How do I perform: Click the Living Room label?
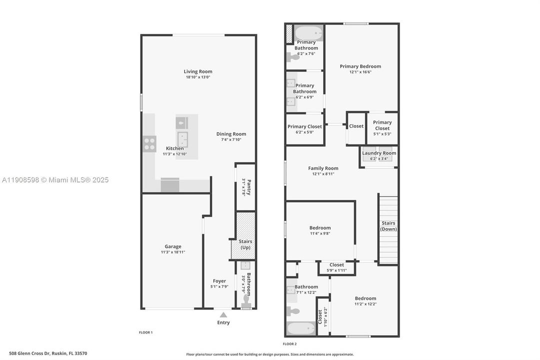[198, 71]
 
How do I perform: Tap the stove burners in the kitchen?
[149, 144]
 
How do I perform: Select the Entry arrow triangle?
[223, 314]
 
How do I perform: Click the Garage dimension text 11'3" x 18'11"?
[173, 252]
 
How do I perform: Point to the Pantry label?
[249, 187]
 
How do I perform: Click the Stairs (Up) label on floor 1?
[245, 244]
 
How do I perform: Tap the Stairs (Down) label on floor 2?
[388, 226]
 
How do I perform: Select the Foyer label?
[219, 281]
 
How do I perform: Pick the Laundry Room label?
[379, 153]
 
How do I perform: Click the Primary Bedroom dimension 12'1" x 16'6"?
[360, 72]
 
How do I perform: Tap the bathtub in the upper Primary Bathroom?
[308, 33]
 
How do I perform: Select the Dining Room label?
[231, 134]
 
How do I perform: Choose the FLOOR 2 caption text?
[290, 344]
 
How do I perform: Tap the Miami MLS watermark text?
[54, 180]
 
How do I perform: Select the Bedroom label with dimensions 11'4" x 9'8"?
[320, 228]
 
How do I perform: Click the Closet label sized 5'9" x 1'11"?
[337, 265]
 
